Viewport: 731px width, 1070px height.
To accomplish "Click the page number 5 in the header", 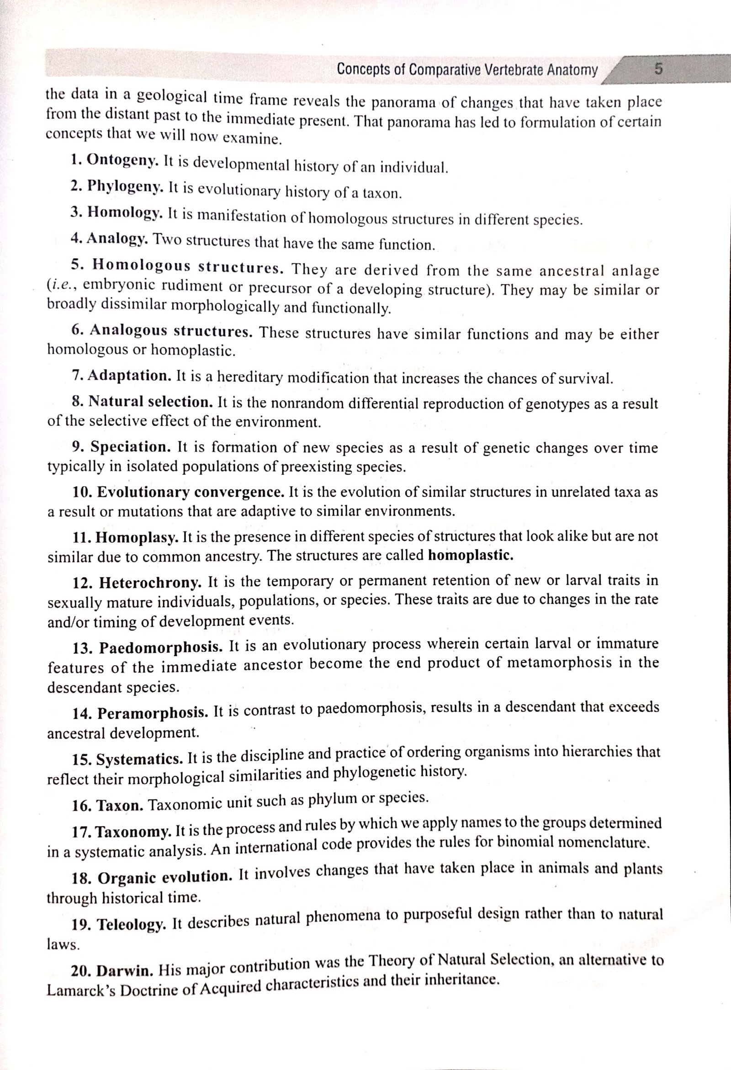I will coord(659,70).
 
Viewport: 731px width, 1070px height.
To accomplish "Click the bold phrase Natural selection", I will coord(150,402).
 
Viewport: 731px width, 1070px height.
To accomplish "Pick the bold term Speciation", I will coord(131,447).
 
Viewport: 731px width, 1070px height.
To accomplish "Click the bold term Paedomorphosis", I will coord(161,648).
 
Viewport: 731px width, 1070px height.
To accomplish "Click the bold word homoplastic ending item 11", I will coord(470,555).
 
